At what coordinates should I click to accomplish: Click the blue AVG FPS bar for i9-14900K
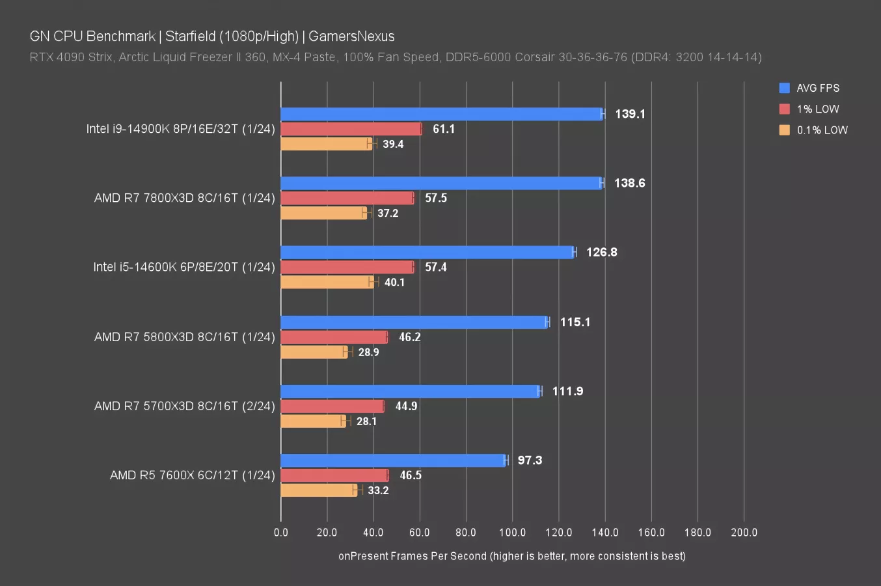(x=442, y=114)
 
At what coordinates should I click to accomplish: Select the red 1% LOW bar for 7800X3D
(x=347, y=198)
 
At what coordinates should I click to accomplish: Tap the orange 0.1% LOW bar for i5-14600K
(x=327, y=282)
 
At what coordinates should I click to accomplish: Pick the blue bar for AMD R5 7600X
(x=393, y=460)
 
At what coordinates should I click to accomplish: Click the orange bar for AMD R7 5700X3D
(x=313, y=421)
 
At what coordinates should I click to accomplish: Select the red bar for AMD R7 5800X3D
(x=334, y=337)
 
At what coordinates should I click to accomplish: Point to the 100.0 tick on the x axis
(x=512, y=533)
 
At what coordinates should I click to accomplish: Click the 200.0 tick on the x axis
(x=744, y=533)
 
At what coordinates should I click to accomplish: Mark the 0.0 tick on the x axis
(x=281, y=533)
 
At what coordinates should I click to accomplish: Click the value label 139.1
(x=630, y=114)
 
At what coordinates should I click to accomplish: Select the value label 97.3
(x=530, y=460)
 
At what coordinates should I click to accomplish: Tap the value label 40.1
(x=394, y=282)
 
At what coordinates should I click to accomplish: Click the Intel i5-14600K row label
(x=184, y=267)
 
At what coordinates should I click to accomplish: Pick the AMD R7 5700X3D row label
(x=185, y=406)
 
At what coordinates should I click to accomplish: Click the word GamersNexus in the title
(x=351, y=36)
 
